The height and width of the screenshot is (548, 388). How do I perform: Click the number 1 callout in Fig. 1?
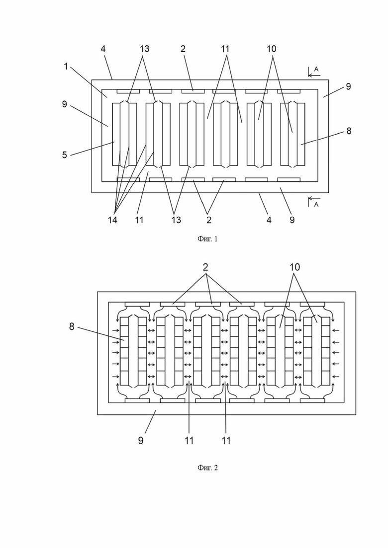[x=66, y=66]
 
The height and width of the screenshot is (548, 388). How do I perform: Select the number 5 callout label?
[x=64, y=155]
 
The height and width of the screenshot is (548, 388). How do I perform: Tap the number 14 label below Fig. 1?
[x=112, y=220]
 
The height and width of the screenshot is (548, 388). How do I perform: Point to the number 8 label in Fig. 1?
[x=349, y=131]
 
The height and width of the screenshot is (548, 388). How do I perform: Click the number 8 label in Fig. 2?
[x=72, y=326]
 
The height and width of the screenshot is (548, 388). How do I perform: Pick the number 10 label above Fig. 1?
[x=272, y=49]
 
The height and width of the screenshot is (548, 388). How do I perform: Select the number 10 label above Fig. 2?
[x=295, y=267]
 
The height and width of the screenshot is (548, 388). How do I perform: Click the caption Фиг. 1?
[x=207, y=238]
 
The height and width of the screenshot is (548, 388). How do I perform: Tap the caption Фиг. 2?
[x=207, y=468]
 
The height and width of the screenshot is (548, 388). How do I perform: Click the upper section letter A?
[x=316, y=69]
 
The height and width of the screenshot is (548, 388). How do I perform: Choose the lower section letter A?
[x=316, y=205]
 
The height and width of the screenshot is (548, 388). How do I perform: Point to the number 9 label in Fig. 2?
[x=141, y=440]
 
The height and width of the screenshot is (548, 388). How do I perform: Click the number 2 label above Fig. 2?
[x=205, y=267]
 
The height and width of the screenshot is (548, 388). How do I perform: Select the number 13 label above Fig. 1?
[x=144, y=49]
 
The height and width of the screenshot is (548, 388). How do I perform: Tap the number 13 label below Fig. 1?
[x=176, y=220]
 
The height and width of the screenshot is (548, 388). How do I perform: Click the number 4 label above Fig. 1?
[x=103, y=49]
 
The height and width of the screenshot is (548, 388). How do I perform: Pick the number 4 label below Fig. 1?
[x=269, y=220]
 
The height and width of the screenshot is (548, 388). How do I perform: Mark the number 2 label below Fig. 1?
[x=209, y=220]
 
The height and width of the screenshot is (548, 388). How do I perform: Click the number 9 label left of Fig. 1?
[x=64, y=104]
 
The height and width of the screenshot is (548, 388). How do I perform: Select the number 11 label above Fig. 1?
[x=225, y=49]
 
